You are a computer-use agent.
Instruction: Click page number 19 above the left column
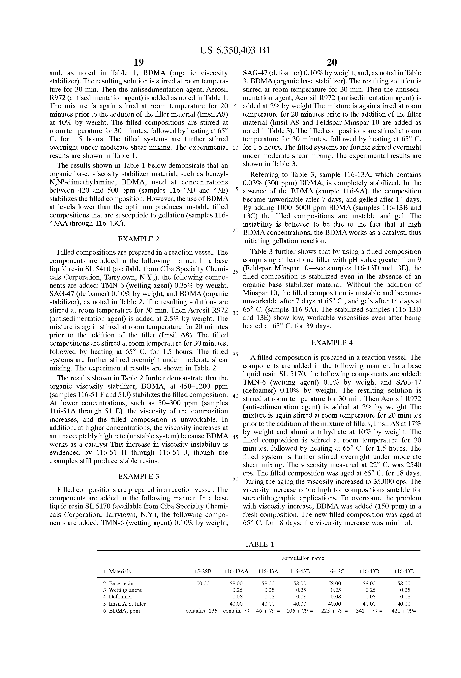(x=139, y=62)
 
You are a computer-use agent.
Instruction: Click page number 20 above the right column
(x=332, y=62)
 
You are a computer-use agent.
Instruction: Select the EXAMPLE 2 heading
(x=138, y=239)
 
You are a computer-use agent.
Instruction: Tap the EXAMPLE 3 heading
(x=138, y=476)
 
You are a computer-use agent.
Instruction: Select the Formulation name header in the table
(x=302, y=558)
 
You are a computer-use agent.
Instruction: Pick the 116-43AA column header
(x=236, y=572)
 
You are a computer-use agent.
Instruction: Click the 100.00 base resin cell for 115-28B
(x=201, y=584)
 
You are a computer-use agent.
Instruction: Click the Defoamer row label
(x=120, y=597)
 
